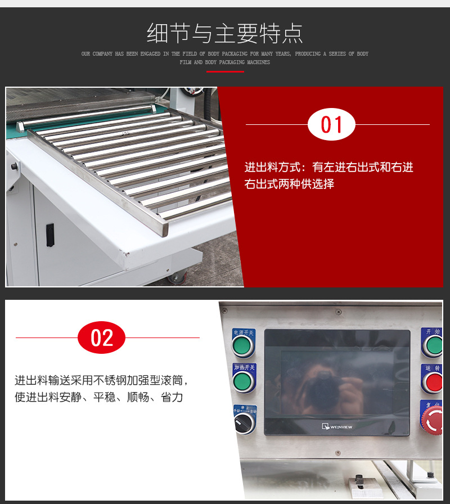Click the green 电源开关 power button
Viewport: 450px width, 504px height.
(244, 346)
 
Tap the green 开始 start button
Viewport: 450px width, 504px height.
(434, 345)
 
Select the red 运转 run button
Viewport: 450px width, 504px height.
(434, 382)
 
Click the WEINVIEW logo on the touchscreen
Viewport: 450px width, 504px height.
(337, 426)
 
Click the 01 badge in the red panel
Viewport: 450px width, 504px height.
(331, 124)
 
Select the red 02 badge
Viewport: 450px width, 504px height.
(102, 337)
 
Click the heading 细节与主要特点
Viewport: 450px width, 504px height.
(225, 33)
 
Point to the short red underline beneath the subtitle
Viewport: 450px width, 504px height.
(225, 72)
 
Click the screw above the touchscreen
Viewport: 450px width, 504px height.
(338, 312)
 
